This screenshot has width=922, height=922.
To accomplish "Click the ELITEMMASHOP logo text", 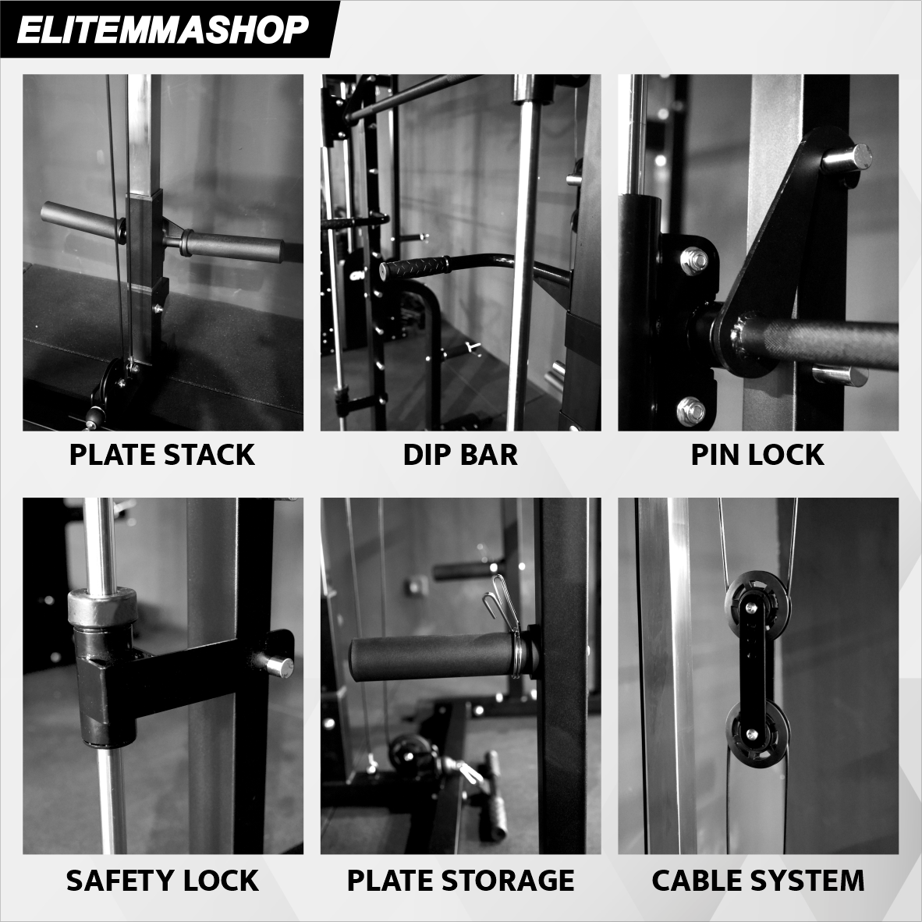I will pos(162,30).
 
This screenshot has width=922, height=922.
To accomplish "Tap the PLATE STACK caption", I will pos(162,455).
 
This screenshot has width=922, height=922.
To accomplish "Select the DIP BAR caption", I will pos(460,455).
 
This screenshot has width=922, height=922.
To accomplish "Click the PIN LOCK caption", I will pos(757,455).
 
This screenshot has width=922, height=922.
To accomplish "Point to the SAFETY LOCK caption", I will pos(162,880).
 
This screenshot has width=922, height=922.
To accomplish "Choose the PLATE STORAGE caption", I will pos(460,880).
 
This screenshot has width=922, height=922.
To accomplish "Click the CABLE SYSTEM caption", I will pos(757,880).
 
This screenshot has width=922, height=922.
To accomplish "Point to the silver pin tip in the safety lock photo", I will pos(278,666).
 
